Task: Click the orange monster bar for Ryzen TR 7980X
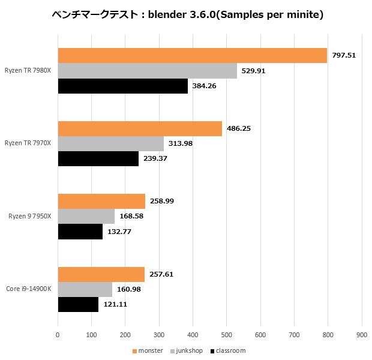pos(192,55)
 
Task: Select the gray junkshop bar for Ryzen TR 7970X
pos(111,143)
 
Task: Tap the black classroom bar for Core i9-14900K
pos(78,305)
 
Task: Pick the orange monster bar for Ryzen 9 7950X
pos(101,201)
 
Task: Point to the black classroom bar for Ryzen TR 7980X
pos(123,86)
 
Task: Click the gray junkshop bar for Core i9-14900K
pos(85,290)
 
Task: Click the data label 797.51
pos(344,55)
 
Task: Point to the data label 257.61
pos(161,274)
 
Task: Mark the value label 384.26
pos(205,86)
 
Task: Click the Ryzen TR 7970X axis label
pos(28,143)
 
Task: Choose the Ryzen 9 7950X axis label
pos(30,216)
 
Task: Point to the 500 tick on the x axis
pos(226,336)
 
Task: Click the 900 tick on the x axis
pos(361,336)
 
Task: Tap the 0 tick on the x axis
pos(58,336)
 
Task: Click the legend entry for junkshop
pos(188,351)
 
